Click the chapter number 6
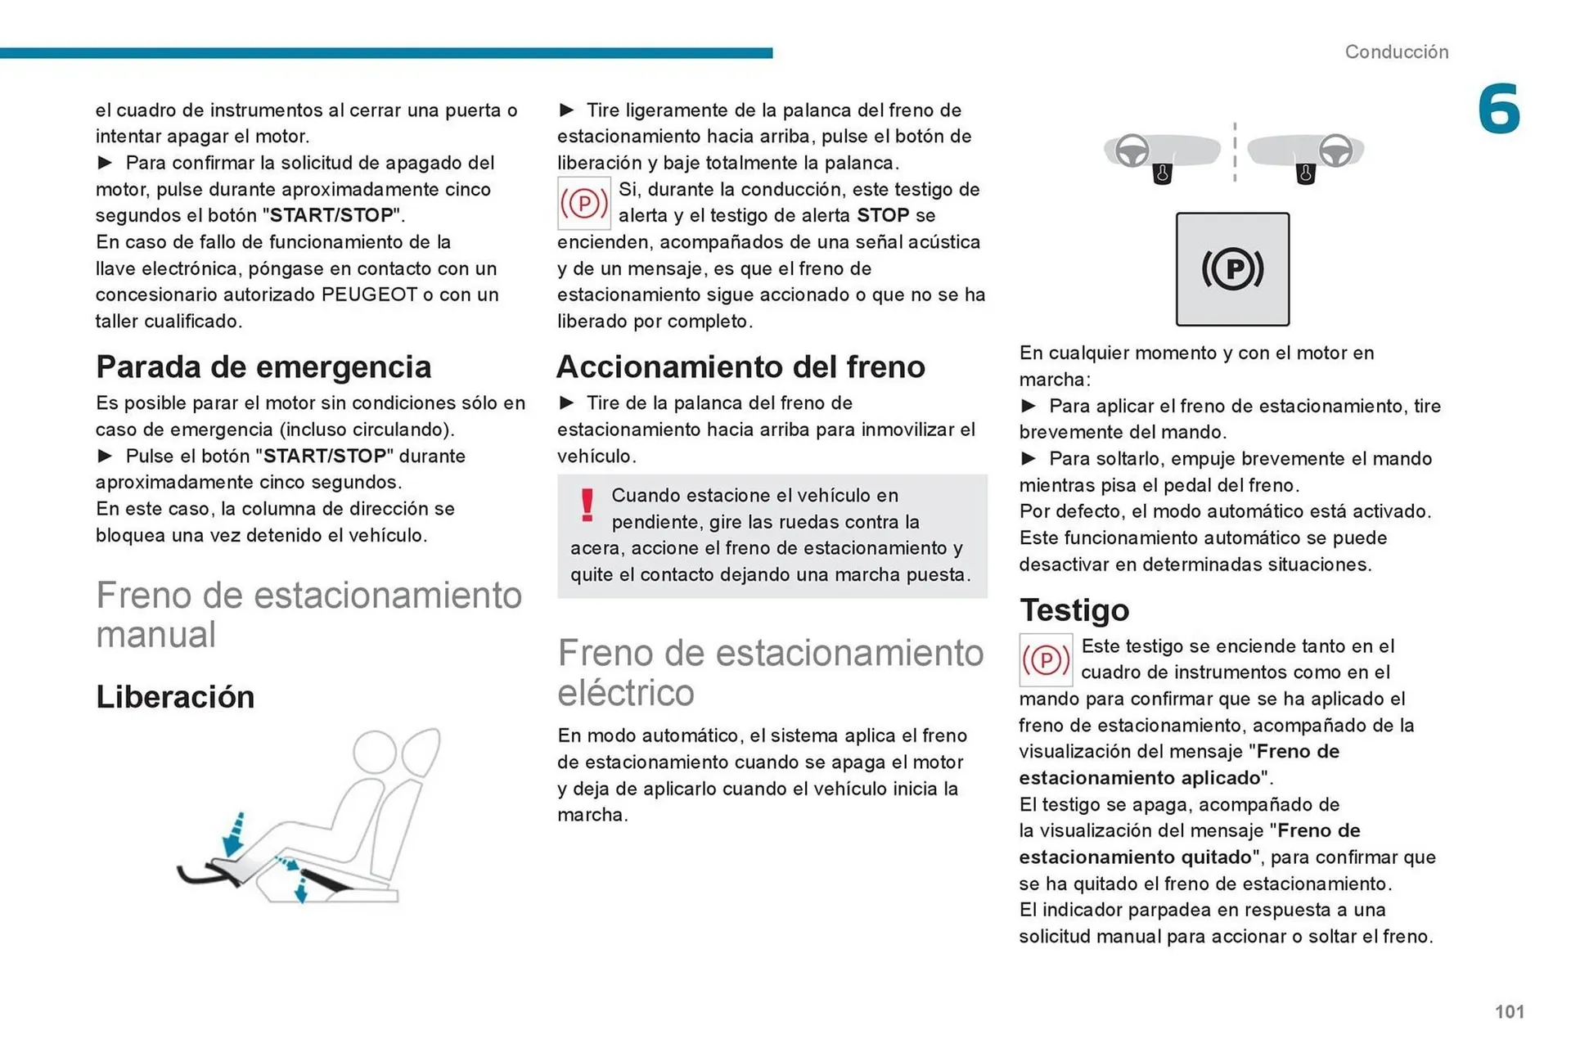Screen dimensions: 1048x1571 (x=1498, y=109)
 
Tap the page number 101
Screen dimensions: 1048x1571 (x=1509, y=1011)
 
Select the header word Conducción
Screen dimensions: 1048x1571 (x=1396, y=52)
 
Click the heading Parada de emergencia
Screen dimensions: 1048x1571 (x=263, y=367)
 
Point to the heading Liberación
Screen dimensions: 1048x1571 (x=175, y=697)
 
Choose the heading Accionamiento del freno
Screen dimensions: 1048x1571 (x=740, y=367)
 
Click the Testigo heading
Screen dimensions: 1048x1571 (x=1074, y=610)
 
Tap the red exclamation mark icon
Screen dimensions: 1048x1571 (x=587, y=505)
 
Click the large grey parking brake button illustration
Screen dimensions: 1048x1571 (x=1232, y=269)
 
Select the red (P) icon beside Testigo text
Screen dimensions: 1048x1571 (x=1045, y=659)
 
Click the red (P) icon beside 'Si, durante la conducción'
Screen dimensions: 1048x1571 (x=583, y=203)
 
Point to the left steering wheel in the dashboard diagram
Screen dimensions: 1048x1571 (x=1132, y=151)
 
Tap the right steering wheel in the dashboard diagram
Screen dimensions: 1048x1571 (x=1335, y=151)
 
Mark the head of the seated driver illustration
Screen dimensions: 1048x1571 (x=374, y=751)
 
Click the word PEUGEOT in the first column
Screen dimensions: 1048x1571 (x=369, y=295)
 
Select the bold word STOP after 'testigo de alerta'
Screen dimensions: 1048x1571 (x=883, y=215)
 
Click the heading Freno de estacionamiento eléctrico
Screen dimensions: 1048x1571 (x=770, y=672)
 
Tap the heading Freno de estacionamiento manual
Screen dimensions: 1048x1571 (x=308, y=614)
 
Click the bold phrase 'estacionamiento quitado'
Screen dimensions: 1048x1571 (x=1135, y=857)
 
